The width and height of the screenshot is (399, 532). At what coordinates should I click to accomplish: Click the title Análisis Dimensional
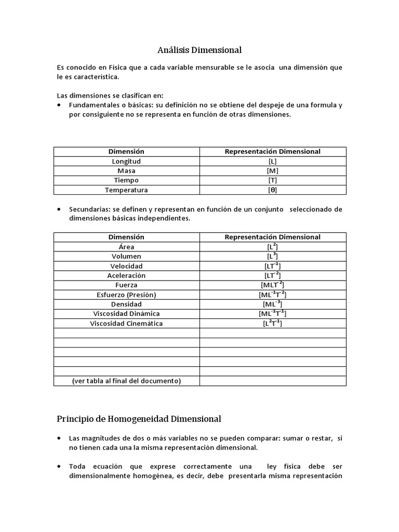(x=199, y=50)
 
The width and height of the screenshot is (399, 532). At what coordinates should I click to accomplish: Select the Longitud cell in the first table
(x=126, y=161)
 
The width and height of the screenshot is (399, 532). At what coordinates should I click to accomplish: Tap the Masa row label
(x=126, y=171)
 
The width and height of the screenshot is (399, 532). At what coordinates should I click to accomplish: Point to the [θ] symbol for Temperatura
(x=272, y=190)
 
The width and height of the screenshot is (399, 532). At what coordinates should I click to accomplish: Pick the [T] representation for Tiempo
(x=272, y=180)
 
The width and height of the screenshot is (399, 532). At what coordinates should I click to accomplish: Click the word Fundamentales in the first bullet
(x=91, y=105)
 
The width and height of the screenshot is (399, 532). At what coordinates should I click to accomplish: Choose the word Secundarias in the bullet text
(x=87, y=209)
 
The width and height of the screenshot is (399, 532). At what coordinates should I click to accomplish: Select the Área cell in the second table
(x=126, y=247)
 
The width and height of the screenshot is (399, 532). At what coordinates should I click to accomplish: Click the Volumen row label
(x=126, y=256)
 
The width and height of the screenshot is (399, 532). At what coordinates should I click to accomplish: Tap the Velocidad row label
(x=126, y=266)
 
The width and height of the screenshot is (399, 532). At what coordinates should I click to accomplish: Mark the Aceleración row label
(x=126, y=275)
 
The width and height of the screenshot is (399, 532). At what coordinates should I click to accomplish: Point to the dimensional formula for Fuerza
(x=272, y=285)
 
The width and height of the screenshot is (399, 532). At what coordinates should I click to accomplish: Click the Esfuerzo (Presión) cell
(x=126, y=295)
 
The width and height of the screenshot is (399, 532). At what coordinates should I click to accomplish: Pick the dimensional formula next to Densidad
(x=272, y=304)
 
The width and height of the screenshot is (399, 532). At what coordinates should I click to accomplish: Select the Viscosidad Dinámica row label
(x=126, y=314)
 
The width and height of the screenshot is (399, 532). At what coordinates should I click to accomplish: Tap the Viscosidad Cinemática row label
(x=126, y=323)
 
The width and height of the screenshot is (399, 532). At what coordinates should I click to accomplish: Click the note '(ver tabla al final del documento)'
(x=126, y=381)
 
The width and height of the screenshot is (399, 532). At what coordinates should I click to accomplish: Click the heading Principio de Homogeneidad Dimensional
(x=139, y=419)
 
